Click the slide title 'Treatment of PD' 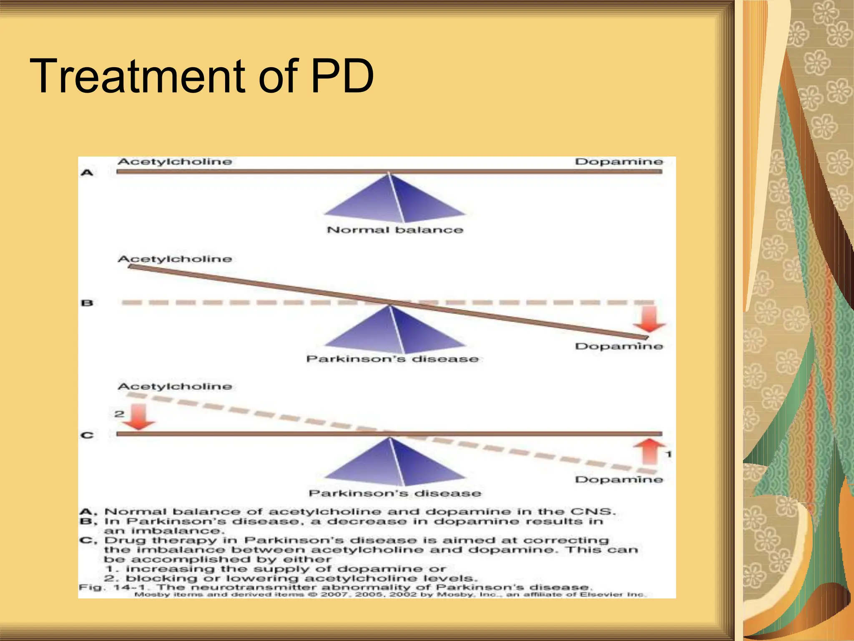click(x=202, y=76)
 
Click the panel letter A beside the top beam click(x=87, y=172)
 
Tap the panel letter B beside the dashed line click(x=87, y=303)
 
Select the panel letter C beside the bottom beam click(x=87, y=435)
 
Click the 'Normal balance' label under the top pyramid click(x=395, y=230)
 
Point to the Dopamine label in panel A click(x=619, y=162)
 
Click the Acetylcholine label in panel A click(x=175, y=162)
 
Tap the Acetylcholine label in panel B click(x=175, y=259)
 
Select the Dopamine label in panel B click(x=619, y=346)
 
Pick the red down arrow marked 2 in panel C click(x=138, y=418)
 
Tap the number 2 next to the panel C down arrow click(x=119, y=414)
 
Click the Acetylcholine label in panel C click(x=175, y=387)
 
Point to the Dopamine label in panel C click(x=619, y=479)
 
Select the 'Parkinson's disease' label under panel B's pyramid click(x=392, y=359)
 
